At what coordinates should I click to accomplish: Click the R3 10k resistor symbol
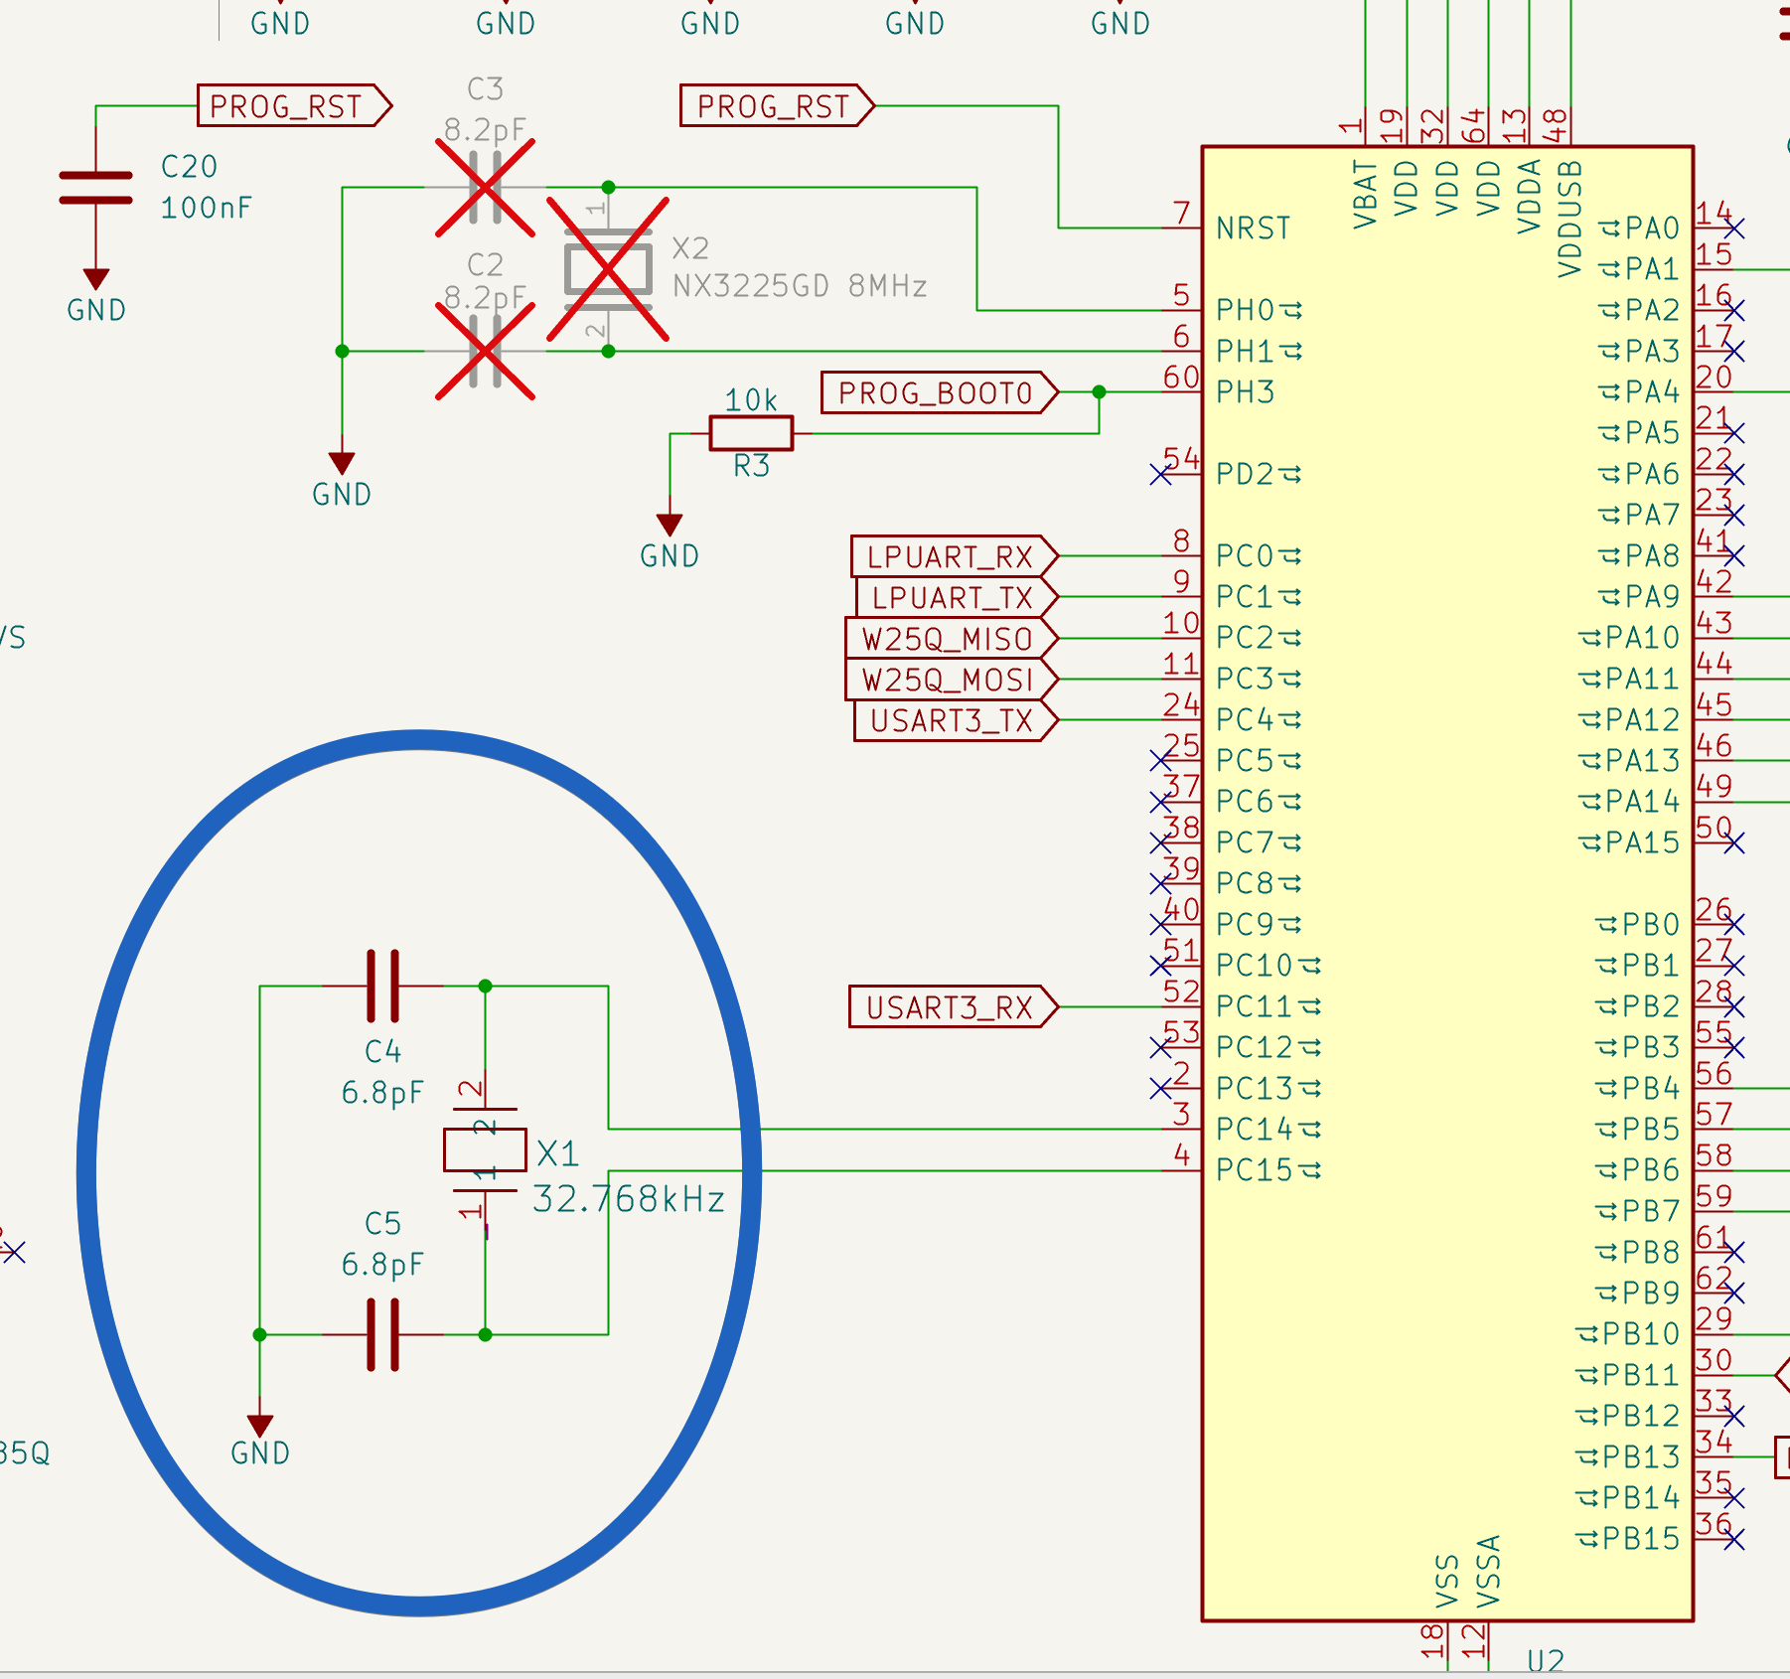tap(751, 434)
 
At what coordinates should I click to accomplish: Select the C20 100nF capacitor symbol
tap(95, 188)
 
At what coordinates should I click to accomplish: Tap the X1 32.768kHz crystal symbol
tap(485, 1150)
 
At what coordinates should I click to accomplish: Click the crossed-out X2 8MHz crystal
tap(608, 269)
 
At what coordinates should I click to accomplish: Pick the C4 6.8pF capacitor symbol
tap(383, 986)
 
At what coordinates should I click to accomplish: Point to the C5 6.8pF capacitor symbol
tap(383, 1334)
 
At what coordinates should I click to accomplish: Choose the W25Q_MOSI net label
tap(949, 680)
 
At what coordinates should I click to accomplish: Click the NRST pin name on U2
tap(1254, 229)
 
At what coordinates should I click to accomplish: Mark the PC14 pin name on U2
tap(1256, 1129)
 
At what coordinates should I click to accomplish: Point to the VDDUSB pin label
tap(1569, 219)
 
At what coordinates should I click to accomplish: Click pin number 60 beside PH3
tap(1181, 378)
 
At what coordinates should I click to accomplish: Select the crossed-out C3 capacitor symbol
tap(485, 187)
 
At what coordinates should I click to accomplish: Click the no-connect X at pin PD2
tap(1160, 474)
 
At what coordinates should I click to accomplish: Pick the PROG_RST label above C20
tap(288, 106)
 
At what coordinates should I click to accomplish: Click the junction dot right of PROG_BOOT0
tap(1099, 392)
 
